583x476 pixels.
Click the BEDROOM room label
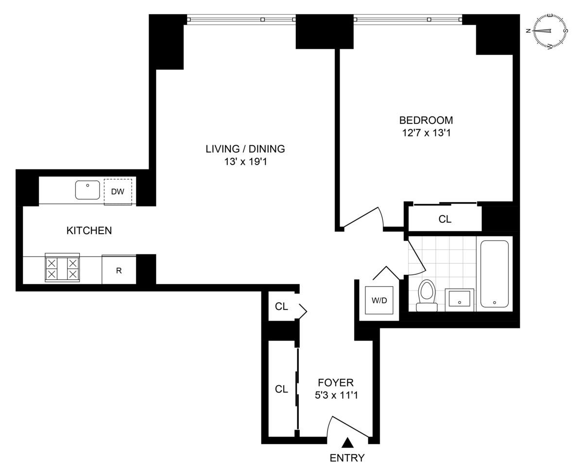point(426,120)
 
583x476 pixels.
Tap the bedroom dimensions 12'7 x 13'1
point(426,133)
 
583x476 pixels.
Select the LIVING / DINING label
point(245,149)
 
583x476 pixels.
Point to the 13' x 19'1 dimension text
point(245,162)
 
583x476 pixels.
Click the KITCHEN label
point(89,231)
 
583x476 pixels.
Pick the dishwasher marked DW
point(118,192)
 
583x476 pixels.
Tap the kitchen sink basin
point(87,190)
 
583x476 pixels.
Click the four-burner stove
point(62,268)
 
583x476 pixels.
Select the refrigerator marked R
point(119,270)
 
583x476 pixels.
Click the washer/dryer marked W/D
point(379,300)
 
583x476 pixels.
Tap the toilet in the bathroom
point(427,295)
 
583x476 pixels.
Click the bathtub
point(494,274)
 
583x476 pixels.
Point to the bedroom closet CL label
point(445,219)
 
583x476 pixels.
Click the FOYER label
point(336,383)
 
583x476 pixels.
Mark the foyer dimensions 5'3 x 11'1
point(336,395)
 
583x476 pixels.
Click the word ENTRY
point(347,458)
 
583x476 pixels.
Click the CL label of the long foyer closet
point(281,389)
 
